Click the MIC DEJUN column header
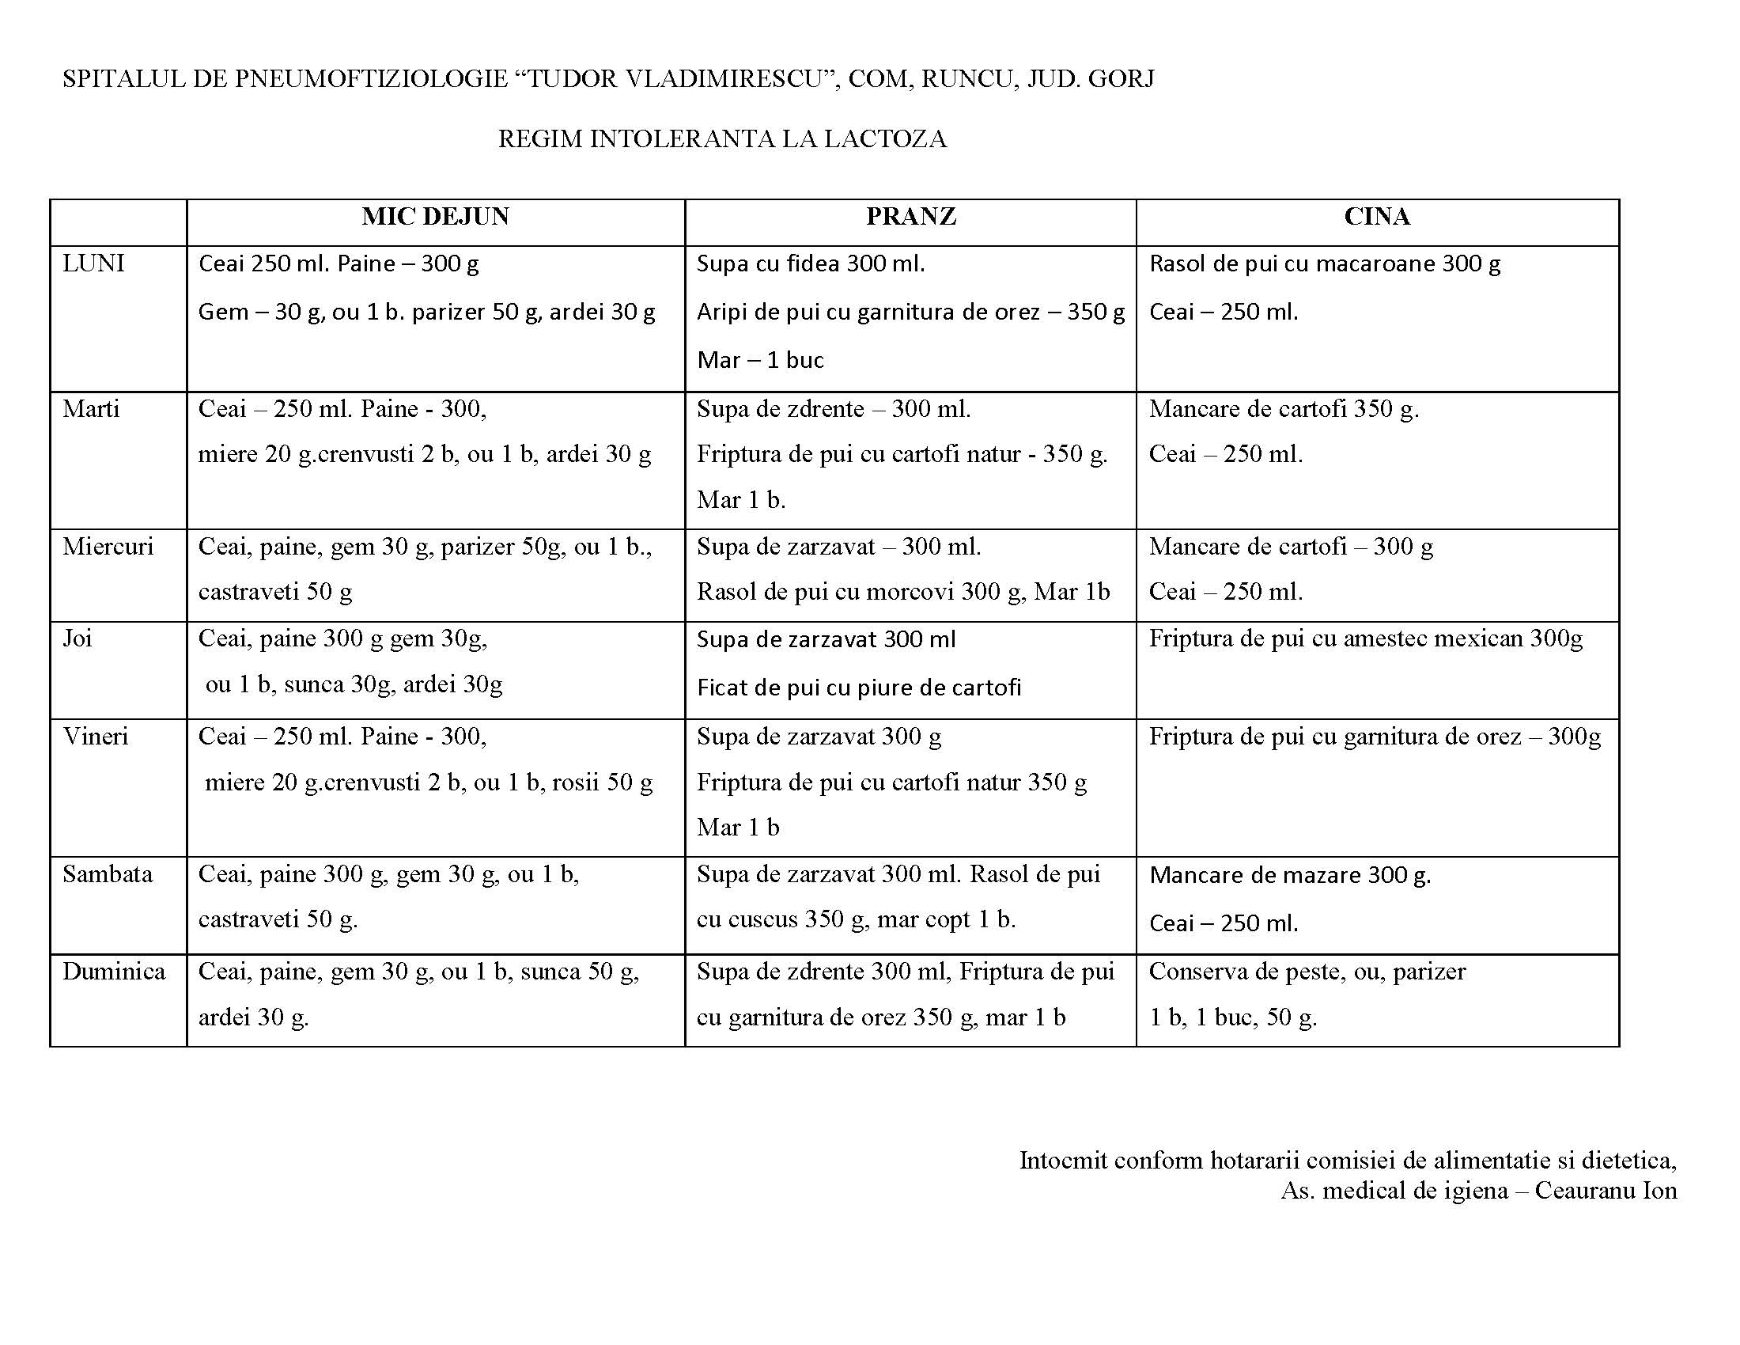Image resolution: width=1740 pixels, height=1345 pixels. (x=435, y=217)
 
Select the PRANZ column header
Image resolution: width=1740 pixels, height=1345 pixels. (x=910, y=217)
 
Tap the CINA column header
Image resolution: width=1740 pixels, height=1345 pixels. (x=1377, y=217)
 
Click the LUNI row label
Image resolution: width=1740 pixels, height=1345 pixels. (x=93, y=263)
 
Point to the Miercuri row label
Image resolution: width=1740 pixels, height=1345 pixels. (x=108, y=547)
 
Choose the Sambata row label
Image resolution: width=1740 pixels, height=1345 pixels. (x=108, y=874)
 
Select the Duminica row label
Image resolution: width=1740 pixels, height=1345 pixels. (x=114, y=972)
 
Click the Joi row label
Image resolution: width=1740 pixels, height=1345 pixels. (x=78, y=638)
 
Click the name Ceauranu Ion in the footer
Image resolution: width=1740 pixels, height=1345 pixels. (x=1606, y=1191)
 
